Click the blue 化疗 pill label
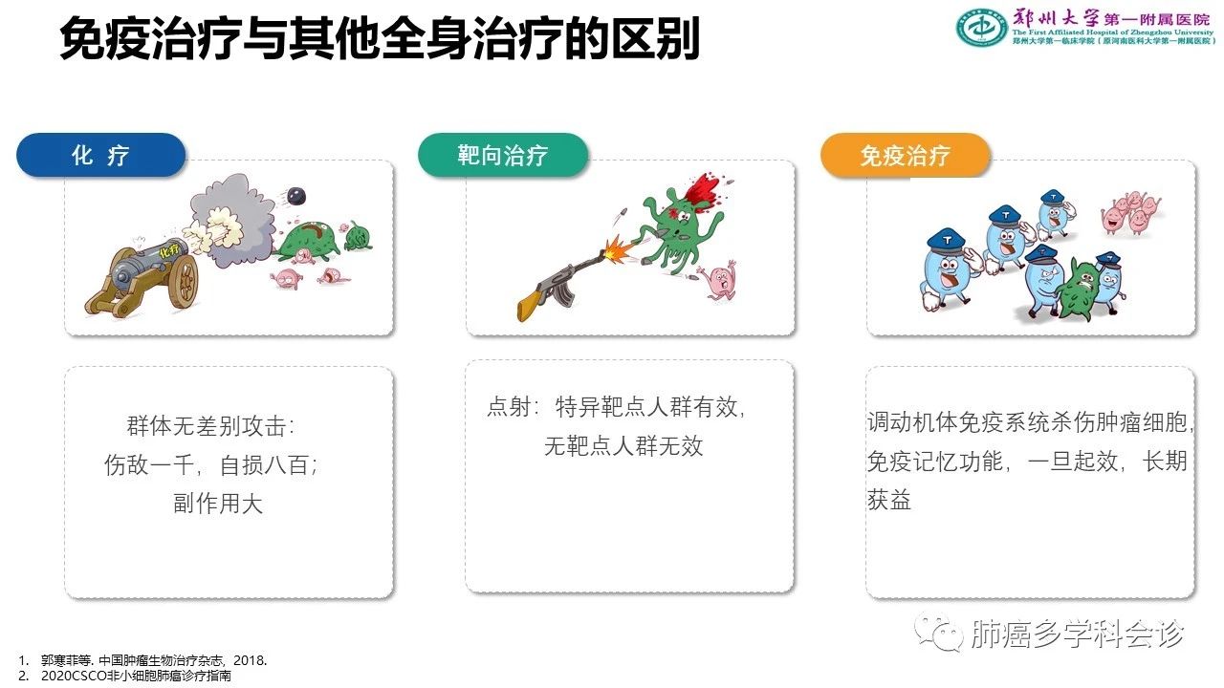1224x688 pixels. [x=101, y=155]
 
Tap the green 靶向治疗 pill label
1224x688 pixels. [x=503, y=155]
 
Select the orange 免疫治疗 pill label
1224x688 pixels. [x=906, y=155]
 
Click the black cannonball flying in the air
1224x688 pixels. [x=296, y=195]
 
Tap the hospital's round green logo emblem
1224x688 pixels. [x=981, y=27]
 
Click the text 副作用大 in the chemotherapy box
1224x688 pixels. [x=218, y=504]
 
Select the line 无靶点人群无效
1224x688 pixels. [x=623, y=446]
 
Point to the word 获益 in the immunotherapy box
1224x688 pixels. [x=889, y=499]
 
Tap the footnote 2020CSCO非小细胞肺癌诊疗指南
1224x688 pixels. [x=136, y=676]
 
